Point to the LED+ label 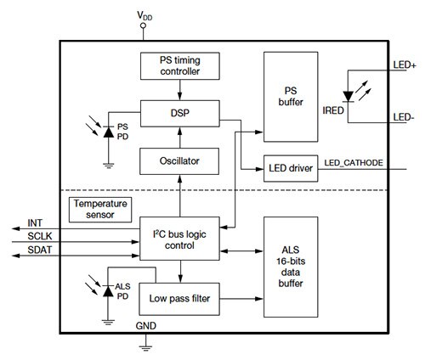click(402, 64)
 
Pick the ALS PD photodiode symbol click(108, 290)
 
